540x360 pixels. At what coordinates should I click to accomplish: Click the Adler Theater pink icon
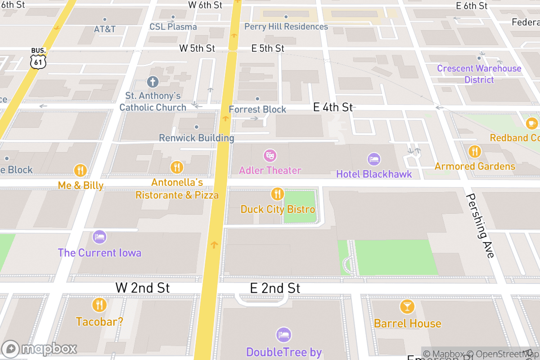(270, 156)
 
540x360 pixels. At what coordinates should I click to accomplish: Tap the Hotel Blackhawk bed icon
(374, 159)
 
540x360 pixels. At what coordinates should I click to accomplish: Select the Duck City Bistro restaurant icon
(278, 194)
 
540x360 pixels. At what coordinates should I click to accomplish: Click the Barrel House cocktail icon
(407, 307)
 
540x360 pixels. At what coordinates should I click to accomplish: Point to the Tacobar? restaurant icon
(99, 305)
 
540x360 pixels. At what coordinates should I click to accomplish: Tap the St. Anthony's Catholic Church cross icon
(153, 82)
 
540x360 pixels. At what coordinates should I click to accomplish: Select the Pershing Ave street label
(481, 225)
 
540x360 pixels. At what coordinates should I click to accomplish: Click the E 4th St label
(333, 107)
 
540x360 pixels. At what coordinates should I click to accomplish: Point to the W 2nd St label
(143, 288)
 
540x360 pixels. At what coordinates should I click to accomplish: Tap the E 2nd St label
(275, 288)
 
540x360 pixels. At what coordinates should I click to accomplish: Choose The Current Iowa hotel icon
(99, 237)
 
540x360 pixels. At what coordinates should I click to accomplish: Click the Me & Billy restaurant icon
(81, 170)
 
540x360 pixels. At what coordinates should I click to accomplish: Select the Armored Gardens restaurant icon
(474, 152)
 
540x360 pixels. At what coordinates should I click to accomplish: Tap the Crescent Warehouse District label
(479, 74)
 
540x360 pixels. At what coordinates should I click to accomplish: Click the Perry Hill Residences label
(286, 27)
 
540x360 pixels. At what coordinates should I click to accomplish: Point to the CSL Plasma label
(173, 27)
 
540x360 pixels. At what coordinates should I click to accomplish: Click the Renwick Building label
(197, 138)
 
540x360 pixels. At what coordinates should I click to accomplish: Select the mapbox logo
(39, 349)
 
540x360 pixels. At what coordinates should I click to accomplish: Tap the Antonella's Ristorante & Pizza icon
(177, 167)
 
